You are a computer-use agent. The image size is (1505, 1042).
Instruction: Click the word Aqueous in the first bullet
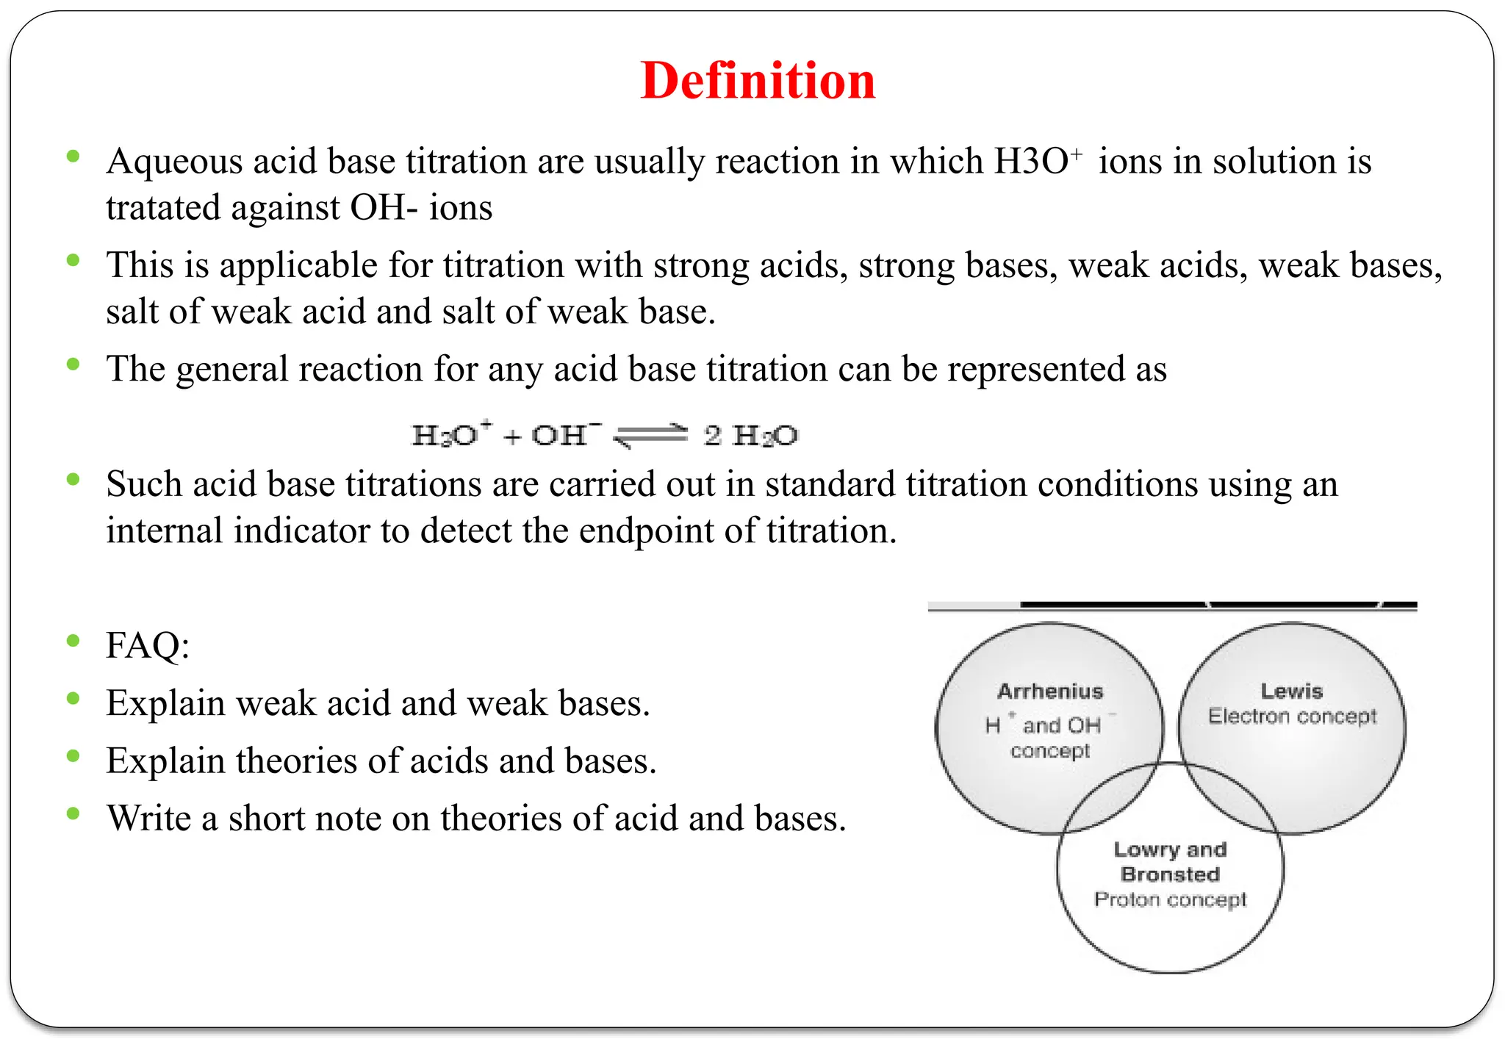click(x=173, y=162)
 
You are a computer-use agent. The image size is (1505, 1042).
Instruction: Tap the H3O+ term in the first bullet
click(x=1037, y=161)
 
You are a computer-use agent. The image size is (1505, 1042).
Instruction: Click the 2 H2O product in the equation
click(x=750, y=436)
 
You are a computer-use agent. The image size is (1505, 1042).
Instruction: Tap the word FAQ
click(x=147, y=646)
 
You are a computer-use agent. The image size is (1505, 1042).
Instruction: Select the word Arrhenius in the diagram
click(x=1050, y=691)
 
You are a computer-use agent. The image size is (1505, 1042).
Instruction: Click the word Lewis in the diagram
click(x=1291, y=691)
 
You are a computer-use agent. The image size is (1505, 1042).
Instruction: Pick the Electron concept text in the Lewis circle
click(x=1292, y=716)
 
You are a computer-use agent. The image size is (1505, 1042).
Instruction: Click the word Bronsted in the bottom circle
click(x=1170, y=874)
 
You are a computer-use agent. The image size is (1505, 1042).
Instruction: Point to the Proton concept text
click(x=1170, y=899)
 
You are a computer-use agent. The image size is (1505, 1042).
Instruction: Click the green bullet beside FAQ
click(x=72, y=641)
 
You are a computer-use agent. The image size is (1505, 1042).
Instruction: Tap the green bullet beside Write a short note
click(x=72, y=813)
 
